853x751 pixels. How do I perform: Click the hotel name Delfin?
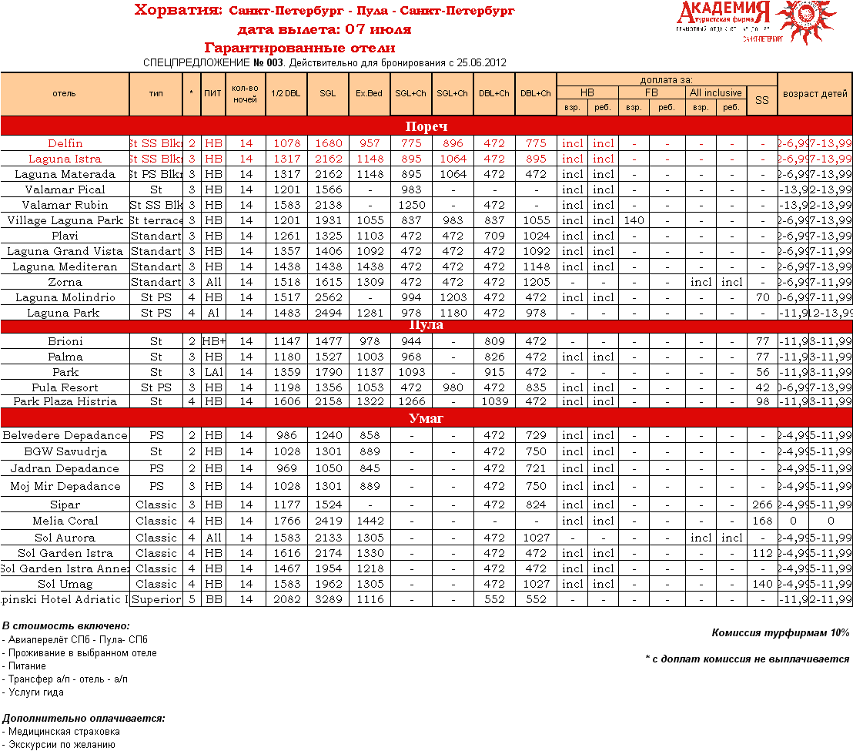click(65, 143)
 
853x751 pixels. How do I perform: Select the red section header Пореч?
click(426, 126)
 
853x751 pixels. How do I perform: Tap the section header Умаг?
click(426, 418)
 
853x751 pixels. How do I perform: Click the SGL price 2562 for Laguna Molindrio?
click(327, 297)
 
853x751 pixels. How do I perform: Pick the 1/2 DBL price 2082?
click(286, 599)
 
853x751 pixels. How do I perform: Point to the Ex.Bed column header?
click(369, 93)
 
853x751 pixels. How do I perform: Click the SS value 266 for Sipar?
click(761, 505)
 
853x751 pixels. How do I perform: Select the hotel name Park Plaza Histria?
click(65, 401)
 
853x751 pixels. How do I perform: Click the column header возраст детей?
click(815, 93)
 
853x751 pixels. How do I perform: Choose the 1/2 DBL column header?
click(286, 93)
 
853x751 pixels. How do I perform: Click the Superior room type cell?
click(156, 599)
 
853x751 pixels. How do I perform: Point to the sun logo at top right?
click(805, 21)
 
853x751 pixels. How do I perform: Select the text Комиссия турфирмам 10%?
click(780, 632)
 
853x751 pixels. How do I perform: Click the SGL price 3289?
click(327, 599)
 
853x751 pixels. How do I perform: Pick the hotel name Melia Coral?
click(65, 521)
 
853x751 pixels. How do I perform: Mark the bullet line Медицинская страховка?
click(64, 732)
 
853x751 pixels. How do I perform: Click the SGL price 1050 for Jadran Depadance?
click(327, 468)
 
